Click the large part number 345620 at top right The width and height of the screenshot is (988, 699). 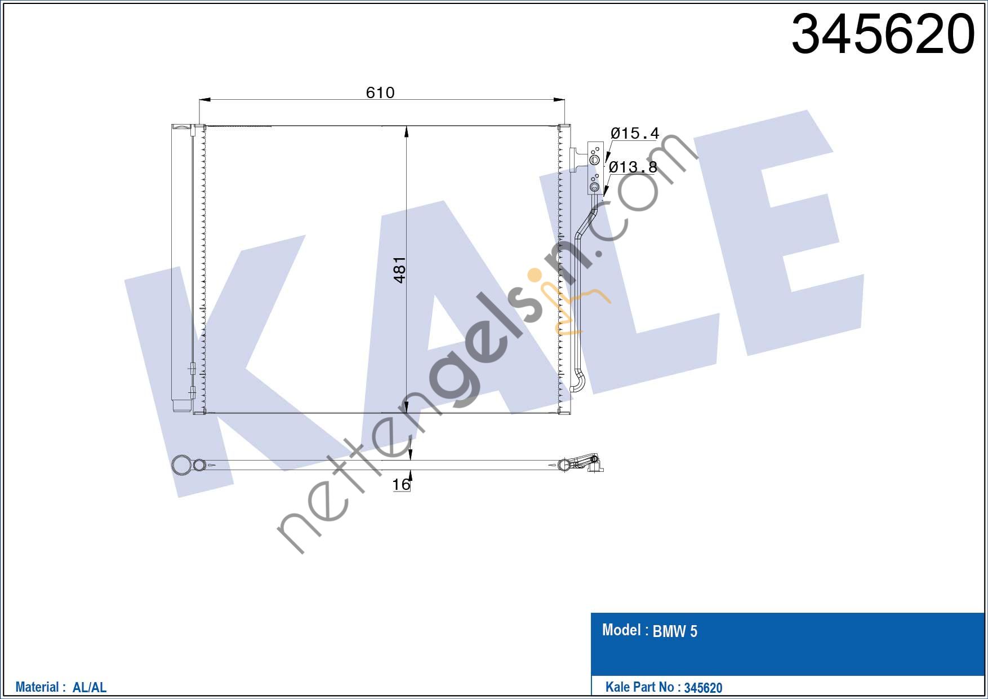[x=882, y=35]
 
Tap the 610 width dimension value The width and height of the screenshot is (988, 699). [x=380, y=92]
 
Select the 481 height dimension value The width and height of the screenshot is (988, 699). [x=399, y=270]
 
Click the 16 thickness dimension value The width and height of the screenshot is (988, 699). [x=401, y=484]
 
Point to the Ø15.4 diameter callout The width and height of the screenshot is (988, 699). [x=634, y=134]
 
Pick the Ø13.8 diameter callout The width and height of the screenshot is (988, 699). [x=633, y=167]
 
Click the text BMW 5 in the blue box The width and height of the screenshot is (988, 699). [x=675, y=631]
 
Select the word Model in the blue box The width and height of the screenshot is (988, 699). [x=621, y=630]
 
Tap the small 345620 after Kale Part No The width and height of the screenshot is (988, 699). [x=703, y=688]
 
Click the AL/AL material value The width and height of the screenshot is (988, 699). [x=90, y=687]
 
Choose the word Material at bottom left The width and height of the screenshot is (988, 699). [x=37, y=687]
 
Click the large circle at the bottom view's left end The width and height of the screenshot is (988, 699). [x=181, y=465]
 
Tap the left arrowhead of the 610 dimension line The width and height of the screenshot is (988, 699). [x=204, y=100]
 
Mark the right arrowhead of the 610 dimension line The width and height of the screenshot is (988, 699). [x=559, y=100]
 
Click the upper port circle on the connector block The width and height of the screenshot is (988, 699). [x=594, y=160]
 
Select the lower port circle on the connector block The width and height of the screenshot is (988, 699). [x=594, y=187]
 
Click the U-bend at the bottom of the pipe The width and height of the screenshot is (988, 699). [x=578, y=384]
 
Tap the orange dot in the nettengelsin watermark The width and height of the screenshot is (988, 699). [x=533, y=276]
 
